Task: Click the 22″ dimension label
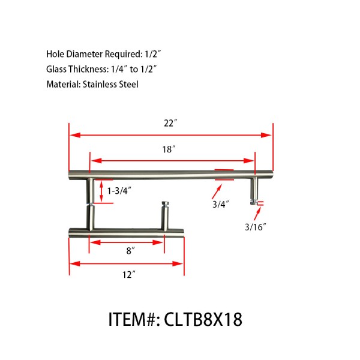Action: coord(171,123)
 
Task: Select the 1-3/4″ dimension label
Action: coord(119,191)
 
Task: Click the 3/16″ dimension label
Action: coord(255,226)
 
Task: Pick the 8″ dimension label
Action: coord(129,252)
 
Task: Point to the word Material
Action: coord(62,85)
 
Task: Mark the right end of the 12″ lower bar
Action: coord(182,232)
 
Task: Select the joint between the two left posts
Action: coord(91,206)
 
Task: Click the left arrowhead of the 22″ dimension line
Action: coord(74,135)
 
